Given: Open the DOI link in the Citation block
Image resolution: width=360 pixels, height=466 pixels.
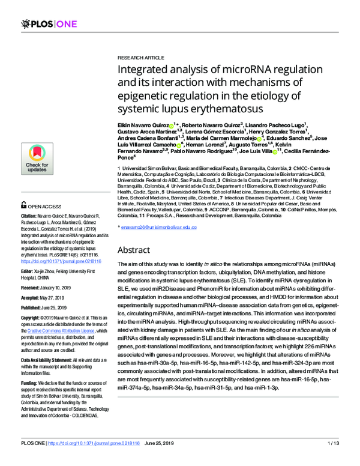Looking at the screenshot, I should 61,262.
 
